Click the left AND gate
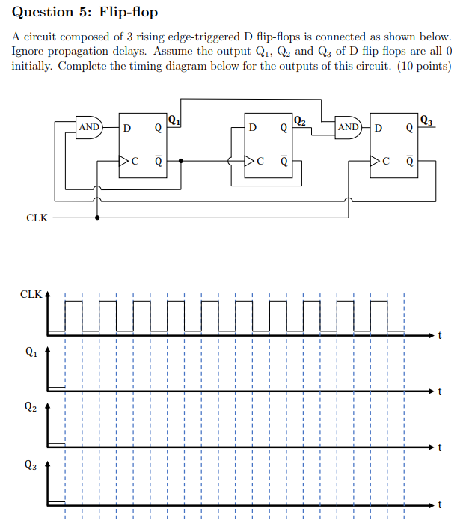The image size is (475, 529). [x=91, y=127]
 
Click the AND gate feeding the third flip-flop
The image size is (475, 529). [x=349, y=127]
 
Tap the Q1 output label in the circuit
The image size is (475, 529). [x=174, y=118]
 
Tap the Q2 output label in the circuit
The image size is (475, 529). [x=300, y=118]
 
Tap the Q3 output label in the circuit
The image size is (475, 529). [x=426, y=118]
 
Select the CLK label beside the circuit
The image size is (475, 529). [x=37, y=218]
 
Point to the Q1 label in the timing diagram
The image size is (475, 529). [x=30, y=349]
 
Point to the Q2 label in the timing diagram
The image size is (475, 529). [x=30, y=407]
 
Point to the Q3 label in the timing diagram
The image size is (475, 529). [x=30, y=464]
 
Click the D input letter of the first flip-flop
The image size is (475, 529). [x=126, y=127]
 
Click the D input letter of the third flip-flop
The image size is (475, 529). [x=378, y=127]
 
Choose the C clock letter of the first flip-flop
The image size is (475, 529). [x=135, y=160]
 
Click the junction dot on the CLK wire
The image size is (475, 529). [x=98, y=218]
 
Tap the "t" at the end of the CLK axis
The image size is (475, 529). [x=441, y=334]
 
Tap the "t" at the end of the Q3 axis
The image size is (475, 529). [x=441, y=504]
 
